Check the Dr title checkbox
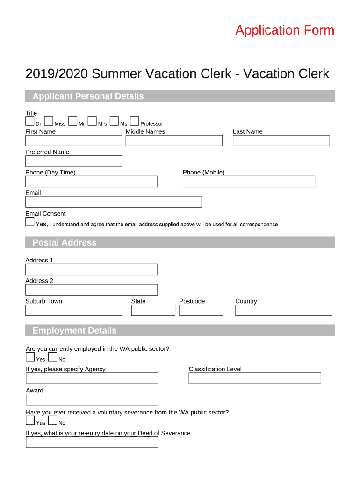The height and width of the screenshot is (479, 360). pos(29,122)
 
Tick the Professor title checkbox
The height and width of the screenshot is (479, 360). pos(134,122)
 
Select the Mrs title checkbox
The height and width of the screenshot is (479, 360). pos(92,122)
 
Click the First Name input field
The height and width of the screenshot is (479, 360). pos(73,141)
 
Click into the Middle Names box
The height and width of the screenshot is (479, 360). pos(174,141)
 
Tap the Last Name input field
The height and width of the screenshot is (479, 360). pos(281,141)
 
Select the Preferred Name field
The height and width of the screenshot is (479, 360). pos(73,161)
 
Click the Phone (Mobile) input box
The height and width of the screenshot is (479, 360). pos(249,181)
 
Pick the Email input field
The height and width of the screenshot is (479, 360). pos(113,202)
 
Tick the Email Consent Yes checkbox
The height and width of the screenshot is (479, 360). pos(30,222)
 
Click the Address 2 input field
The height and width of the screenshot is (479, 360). pos(91,290)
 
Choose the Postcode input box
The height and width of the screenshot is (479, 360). pos(201,310)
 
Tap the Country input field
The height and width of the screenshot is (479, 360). pos(283,310)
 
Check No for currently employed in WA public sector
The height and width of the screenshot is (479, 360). pos(52,357)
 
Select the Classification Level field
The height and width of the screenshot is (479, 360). pos(255,378)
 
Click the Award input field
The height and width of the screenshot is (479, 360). pos(92,399)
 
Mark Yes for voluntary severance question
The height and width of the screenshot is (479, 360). pos(30,421)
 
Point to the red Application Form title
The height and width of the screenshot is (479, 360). pos(285,30)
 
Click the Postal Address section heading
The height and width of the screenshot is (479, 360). pos(65,242)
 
